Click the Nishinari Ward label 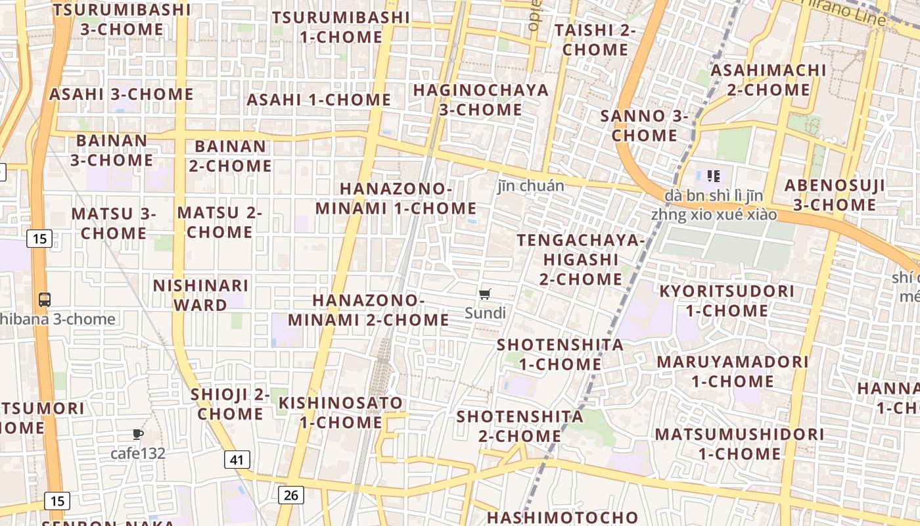(200, 295)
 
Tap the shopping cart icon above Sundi (485, 294)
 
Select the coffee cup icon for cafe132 (137, 434)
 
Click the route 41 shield (237, 459)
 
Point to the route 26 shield (290, 494)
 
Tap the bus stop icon (45, 300)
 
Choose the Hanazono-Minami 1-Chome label (396, 199)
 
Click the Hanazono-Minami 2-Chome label (368, 310)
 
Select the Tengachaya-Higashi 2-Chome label (580, 260)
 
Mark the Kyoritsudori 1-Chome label (727, 300)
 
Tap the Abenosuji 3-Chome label (835, 195)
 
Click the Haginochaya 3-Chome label (480, 100)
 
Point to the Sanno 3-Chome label (644, 126)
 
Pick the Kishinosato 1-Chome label (340, 412)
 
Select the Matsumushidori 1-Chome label (739, 444)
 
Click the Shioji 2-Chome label (230, 404)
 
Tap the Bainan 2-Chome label (230, 156)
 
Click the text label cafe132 (137, 453)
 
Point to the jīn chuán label (530, 186)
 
